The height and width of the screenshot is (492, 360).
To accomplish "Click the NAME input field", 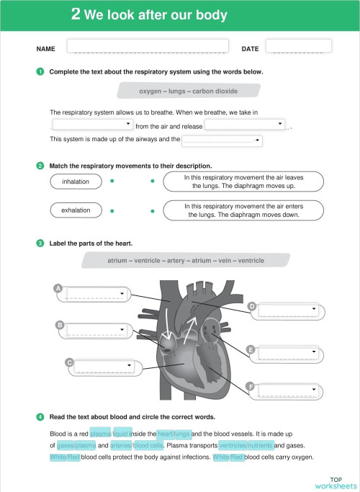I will point(148,46).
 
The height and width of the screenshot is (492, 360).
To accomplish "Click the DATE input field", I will point(298,46).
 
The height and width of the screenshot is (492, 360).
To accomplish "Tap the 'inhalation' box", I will point(76,182).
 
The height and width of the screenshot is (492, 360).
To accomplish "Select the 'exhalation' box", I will point(76,210).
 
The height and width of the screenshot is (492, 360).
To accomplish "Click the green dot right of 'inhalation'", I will point(112,182).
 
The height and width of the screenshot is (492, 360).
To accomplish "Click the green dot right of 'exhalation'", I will point(112,210).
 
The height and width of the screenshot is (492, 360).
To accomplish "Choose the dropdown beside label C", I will point(107,366).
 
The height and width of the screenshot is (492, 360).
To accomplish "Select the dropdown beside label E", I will point(287,353).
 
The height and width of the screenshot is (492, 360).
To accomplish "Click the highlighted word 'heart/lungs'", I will point(174,434).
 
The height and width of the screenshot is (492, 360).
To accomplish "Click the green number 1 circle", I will point(40,71).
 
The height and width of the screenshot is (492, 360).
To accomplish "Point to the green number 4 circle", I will point(40,416).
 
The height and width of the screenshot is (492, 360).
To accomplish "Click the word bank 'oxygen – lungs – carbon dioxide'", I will point(188,91).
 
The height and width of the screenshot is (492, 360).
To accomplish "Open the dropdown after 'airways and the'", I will point(222,140).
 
